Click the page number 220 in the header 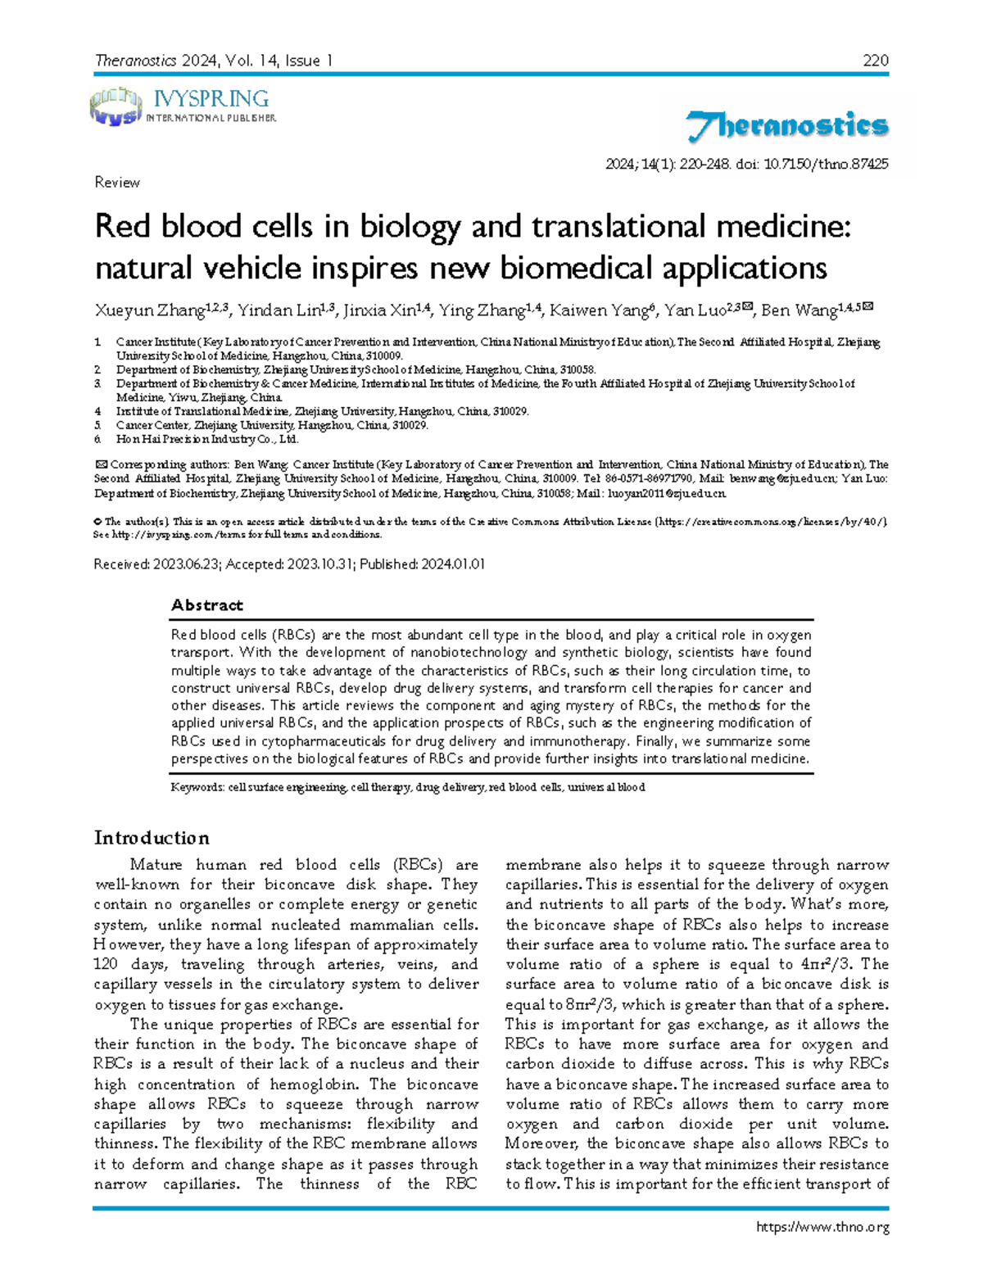[x=876, y=60]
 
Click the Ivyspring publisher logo [x=182, y=107]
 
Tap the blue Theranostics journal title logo [x=786, y=127]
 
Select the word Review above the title [x=117, y=182]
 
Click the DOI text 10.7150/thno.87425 [x=826, y=164]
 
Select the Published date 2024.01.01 [x=452, y=564]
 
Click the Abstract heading [x=206, y=604]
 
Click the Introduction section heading [x=152, y=837]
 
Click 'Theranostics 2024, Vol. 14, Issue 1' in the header [x=214, y=60]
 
